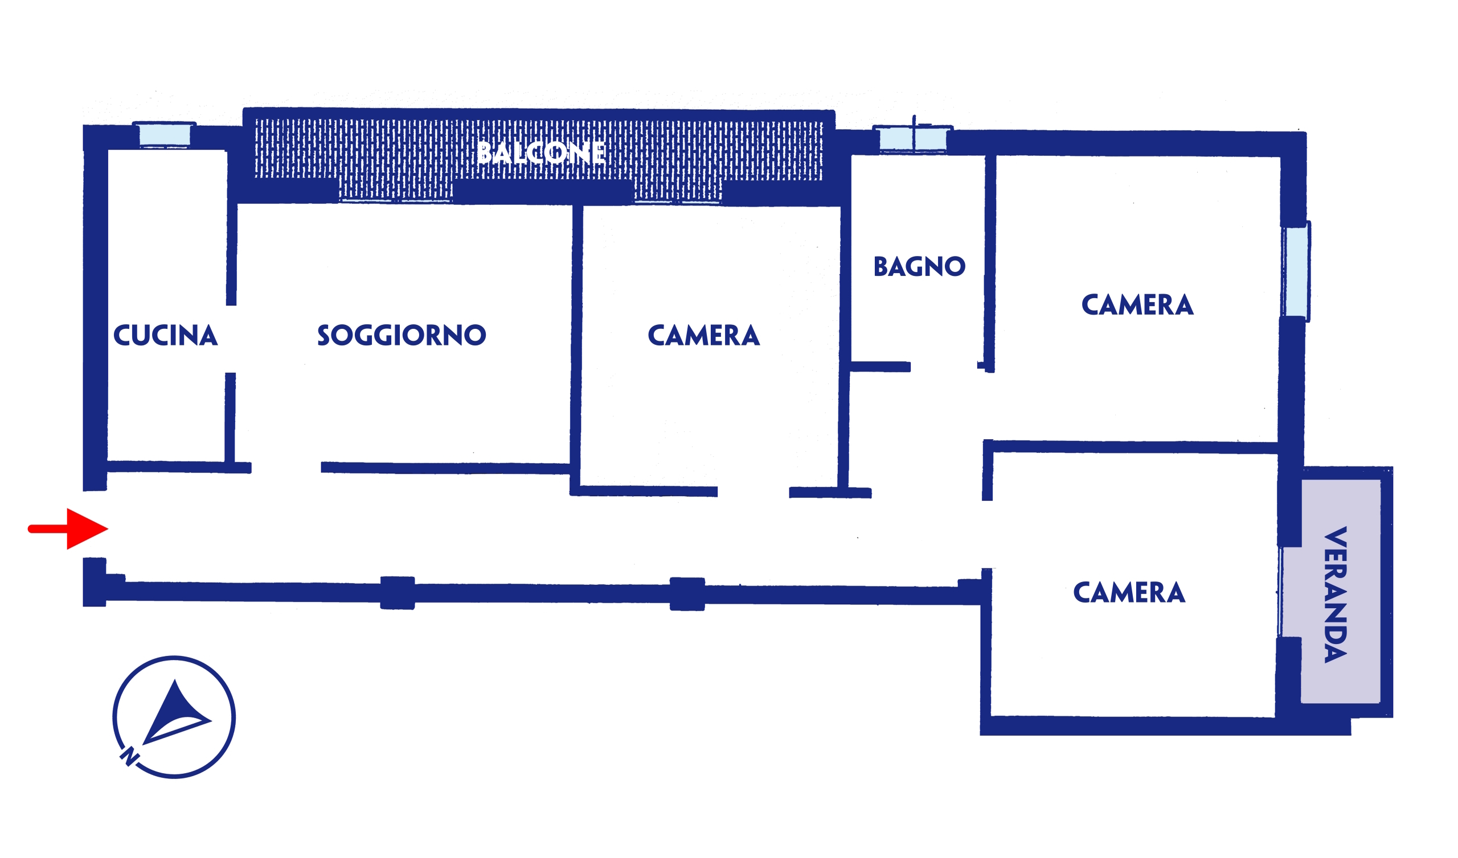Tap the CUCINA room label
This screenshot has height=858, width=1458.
(x=166, y=335)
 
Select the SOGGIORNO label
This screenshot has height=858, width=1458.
(x=402, y=335)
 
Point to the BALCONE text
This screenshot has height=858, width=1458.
(x=542, y=152)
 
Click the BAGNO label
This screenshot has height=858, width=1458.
(x=919, y=266)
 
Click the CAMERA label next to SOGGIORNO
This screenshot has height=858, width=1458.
(x=703, y=335)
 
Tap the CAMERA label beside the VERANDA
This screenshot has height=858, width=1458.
(x=1129, y=592)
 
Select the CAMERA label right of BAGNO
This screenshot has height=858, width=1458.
(x=1137, y=305)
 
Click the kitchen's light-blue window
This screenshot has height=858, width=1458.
(x=165, y=135)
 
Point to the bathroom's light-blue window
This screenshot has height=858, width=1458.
(x=913, y=139)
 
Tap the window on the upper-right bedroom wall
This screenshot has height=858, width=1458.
(x=1297, y=271)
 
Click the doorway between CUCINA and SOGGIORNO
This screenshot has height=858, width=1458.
(x=231, y=339)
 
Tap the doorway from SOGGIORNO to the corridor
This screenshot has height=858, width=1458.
(x=286, y=467)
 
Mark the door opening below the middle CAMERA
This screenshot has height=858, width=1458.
(x=753, y=492)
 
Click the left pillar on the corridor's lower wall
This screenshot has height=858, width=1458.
(x=398, y=593)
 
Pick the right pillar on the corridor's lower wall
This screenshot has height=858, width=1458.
(x=687, y=594)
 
